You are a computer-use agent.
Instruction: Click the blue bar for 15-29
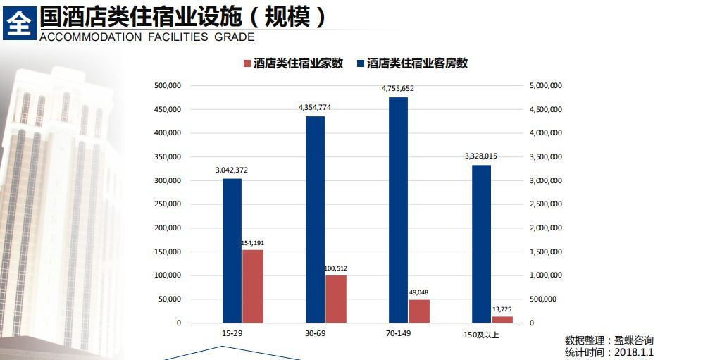coord(232,250)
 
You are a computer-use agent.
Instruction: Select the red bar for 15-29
coord(252,286)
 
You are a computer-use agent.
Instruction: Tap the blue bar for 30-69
coord(315,219)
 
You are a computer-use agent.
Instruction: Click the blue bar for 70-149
coord(398,209)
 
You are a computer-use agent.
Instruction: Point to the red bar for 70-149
coord(419,311)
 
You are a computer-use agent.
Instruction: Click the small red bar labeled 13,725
coord(502,319)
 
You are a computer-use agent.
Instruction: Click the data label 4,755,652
coord(398,89)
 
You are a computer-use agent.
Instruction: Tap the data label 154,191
coord(252,242)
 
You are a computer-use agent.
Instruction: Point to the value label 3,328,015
coord(481,156)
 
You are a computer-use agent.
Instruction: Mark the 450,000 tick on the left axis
coord(168,109)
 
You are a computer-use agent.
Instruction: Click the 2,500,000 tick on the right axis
coord(546,204)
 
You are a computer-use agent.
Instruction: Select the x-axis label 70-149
coord(398,333)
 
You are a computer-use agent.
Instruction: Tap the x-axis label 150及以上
coord(482,334)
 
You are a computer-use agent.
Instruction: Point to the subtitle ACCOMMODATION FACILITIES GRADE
coord(147,37)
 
